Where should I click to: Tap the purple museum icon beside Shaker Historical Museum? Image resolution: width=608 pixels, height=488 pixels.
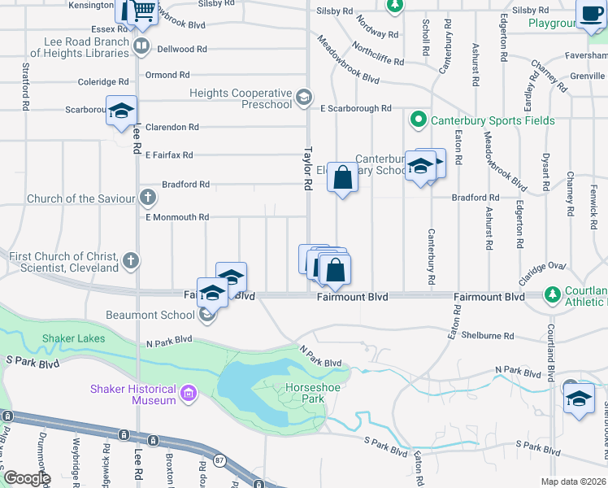pyautogui.click(x=189, y=395)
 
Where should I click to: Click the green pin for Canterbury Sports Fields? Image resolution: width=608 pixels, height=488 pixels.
pyautogui.click(x=419, y=120)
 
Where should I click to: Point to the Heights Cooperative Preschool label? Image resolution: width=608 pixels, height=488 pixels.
pyautogui.click(x=241, y=98)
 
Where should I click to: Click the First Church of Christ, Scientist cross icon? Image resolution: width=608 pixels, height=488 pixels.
pyautogui.click(x=131, y=261)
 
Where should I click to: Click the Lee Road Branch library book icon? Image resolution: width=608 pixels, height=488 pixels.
pyautogui.click(x=142, y=46)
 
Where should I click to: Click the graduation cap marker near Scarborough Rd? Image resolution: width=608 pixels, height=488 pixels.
pyautogui.click(x=121, y=111)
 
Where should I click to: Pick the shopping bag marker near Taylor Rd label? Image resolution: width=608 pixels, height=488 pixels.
pyautogui.click(x=342, y=176)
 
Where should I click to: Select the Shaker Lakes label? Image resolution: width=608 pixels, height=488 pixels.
pyautogui.click(x=68, y=338)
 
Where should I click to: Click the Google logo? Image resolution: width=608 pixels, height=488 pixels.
pyautogui.click(x=26, y=478)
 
